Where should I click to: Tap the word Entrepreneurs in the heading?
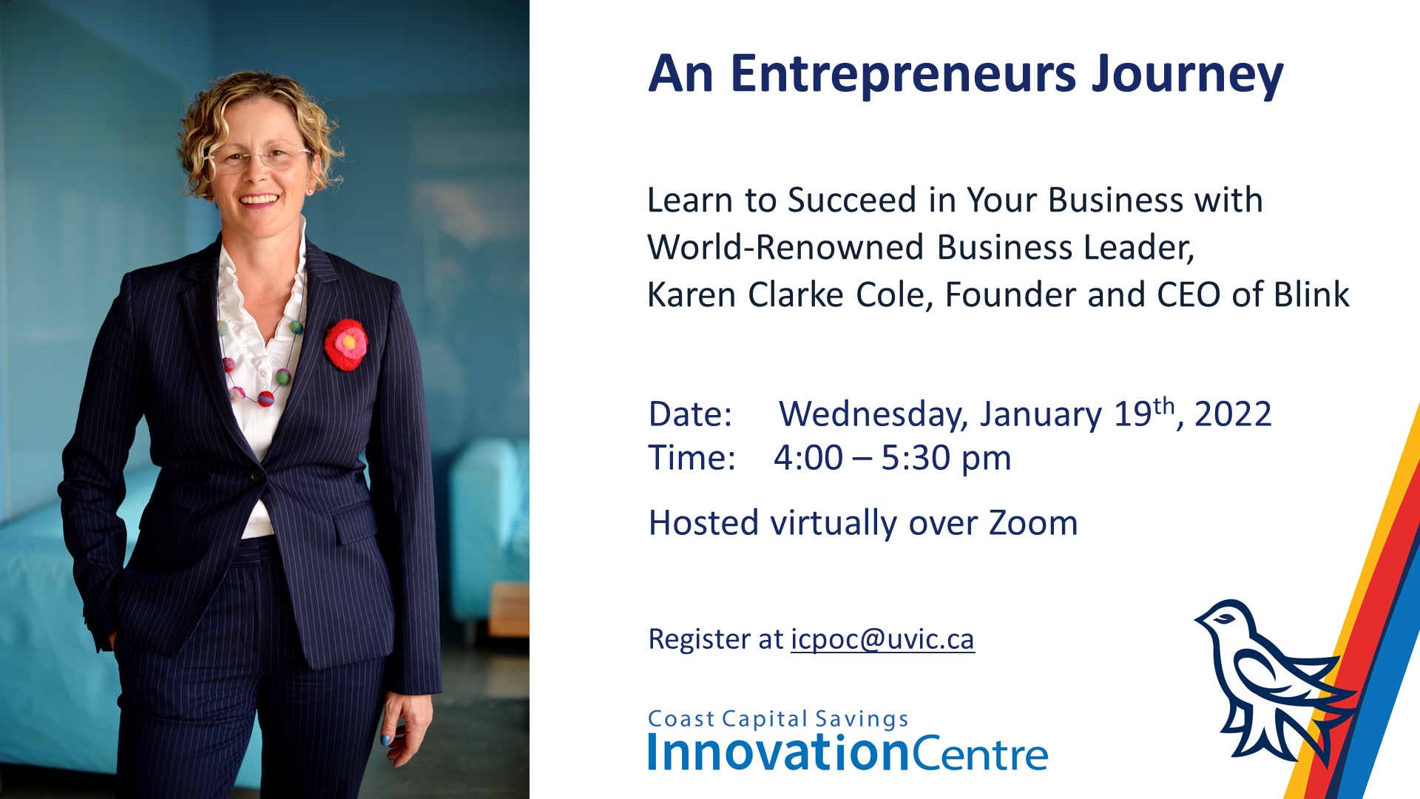point(903,75)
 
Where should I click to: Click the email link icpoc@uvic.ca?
point(882,639)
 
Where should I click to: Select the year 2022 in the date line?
point(1233,414)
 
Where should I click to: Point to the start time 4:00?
point(808,458)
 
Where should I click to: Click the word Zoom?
point(1033,523)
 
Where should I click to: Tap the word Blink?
point(1312,294)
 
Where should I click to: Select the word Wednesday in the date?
point(873,415)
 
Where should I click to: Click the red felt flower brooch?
point(346,344)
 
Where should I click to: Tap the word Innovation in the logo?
point(779,752)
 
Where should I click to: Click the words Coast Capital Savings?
point(778,719)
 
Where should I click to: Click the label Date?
point(690,414)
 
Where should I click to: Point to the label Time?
point(692,458)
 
